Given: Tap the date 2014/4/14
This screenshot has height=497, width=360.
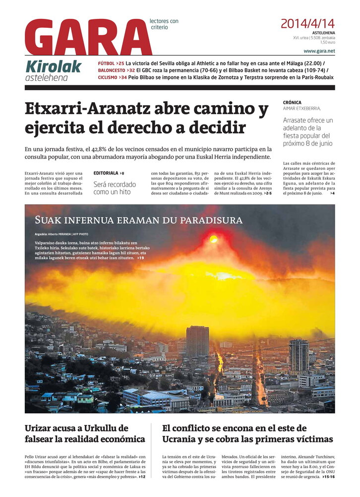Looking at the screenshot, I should tap(307, 23).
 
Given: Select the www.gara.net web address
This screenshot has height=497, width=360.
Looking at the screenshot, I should tap(319, 51).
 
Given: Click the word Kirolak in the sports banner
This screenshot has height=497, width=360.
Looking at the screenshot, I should tap(53, 65).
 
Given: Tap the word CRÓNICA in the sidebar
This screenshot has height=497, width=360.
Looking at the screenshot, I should tap(292, 103).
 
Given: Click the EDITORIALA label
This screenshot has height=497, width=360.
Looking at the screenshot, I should tap(106, 173).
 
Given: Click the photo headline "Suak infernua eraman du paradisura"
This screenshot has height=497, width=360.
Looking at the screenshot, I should tap(138, 220).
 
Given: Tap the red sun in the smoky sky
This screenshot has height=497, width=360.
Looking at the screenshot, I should tap(213, 239).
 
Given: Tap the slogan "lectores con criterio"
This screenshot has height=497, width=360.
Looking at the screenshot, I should tap(164, 24).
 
